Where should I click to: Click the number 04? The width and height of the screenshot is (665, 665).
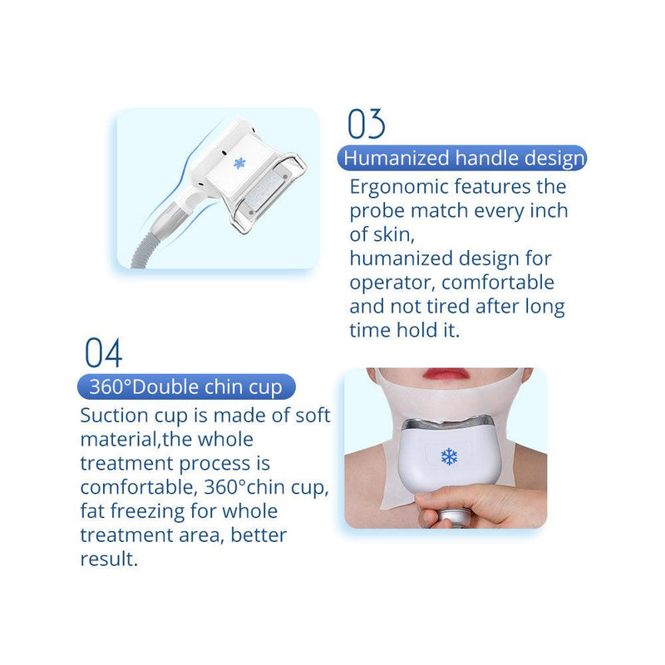pyautogui.click(x=104, y=353)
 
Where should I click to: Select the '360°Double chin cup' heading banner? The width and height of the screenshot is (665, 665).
pyautogui.click(x=185, y=387)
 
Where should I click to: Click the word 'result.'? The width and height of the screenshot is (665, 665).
pyautogui.click(x=109, y=559)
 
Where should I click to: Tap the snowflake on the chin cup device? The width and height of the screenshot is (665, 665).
pyautogui.click(x=449, y=456)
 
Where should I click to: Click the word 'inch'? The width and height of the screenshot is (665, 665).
pyautogui.click(x=547, y=210)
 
